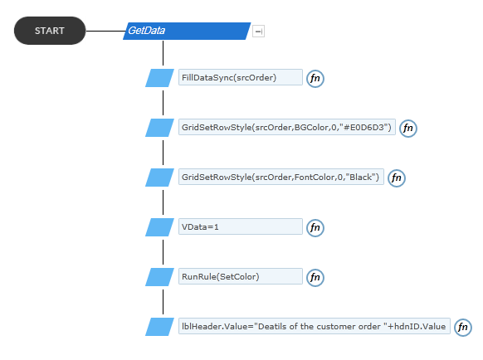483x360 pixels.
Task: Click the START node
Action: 50,31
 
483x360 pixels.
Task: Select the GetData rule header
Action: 187,31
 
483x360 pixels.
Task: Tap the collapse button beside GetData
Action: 258,31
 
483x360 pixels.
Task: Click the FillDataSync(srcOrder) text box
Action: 241,77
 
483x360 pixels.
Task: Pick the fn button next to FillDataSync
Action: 315,78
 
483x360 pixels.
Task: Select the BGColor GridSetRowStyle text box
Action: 287,127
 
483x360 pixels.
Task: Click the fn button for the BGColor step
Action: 408,128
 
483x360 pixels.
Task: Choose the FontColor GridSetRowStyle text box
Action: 281,177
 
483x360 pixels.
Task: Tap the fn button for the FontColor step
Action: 397,178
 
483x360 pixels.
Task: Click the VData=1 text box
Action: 241,226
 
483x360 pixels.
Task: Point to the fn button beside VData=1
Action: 315,228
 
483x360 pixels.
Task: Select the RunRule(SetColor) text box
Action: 241,276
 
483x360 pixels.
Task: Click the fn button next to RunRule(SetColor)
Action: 315,278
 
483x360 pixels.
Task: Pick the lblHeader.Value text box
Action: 315,326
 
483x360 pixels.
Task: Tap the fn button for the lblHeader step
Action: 463,327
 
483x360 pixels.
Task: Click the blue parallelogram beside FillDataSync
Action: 159,78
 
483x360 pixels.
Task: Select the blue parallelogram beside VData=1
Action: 159,227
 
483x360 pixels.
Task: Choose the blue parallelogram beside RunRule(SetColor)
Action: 159,277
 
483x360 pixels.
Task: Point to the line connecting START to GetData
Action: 105,31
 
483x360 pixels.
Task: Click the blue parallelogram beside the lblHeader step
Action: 159,327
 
